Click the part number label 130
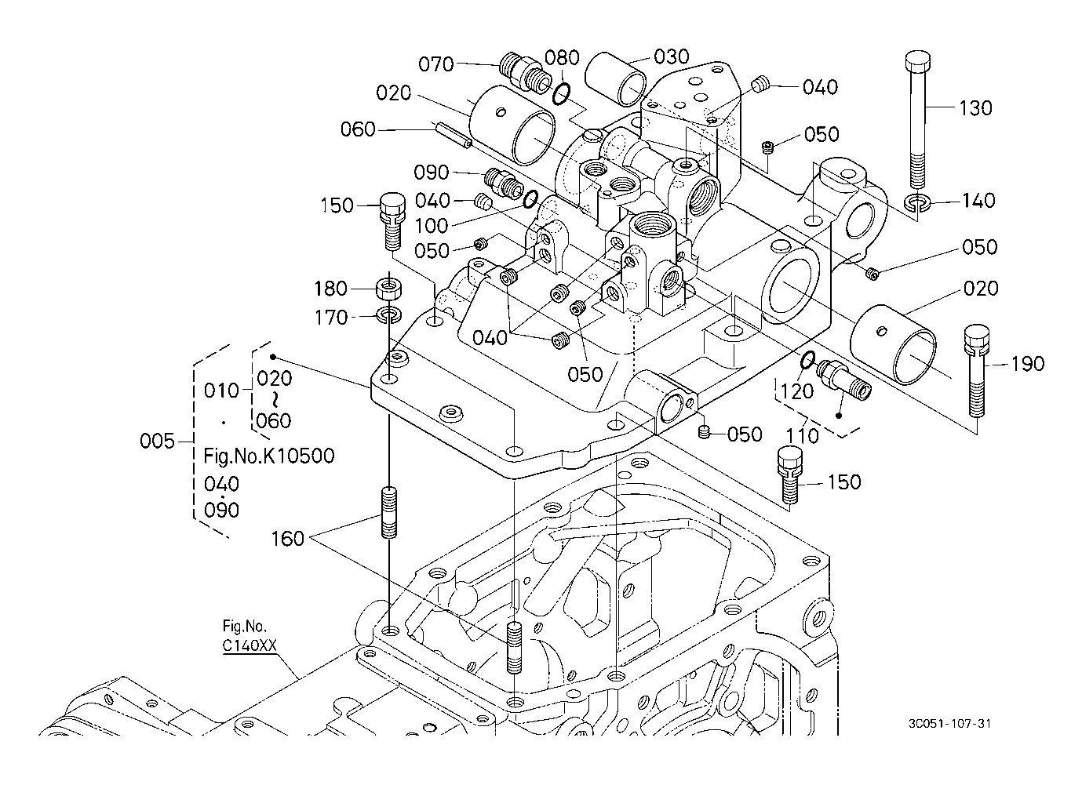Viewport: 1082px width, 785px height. point(975,108)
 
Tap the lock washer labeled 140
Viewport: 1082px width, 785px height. point(916,204)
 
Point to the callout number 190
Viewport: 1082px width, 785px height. point(1028,364)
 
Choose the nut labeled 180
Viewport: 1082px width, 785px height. point(389,288)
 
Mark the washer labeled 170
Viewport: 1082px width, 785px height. point(389,315)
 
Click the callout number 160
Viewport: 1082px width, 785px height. point(287,539)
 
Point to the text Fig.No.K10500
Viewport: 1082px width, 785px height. point(269,456)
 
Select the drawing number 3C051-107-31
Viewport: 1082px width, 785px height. point(949,724)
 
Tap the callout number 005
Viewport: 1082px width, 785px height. point(157,442)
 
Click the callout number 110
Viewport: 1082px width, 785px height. point(802,435)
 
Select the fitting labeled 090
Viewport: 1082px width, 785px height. point(503,183)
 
